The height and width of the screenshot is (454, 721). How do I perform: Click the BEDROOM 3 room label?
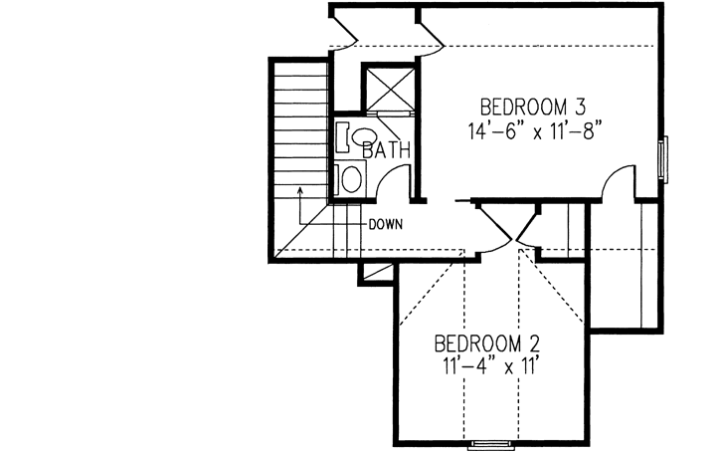pos(533,107)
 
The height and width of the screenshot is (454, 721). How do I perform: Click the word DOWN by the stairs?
pos(385,224)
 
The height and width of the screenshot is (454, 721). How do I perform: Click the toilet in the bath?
pos(351,179)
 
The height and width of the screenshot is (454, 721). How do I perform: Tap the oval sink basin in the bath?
pos(364,137)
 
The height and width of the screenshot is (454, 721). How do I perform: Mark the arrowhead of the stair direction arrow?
pos(299,187)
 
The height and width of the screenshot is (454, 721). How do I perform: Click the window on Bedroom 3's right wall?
pos(663,157)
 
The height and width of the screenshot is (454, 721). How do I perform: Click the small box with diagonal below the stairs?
pos(376,271)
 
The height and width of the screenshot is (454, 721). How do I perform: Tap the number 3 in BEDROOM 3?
pos(588,107)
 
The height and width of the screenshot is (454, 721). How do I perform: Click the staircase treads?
pos(299,129)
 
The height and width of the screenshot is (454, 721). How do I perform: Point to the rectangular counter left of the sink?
pos(341,136)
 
